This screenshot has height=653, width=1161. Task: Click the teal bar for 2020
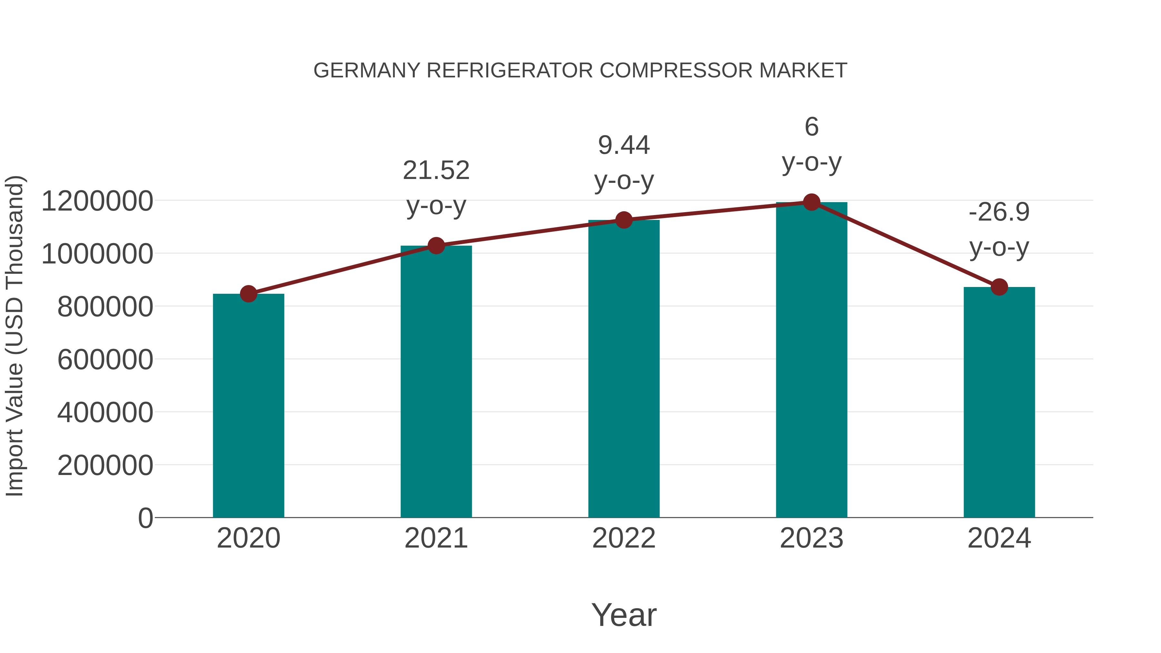248,406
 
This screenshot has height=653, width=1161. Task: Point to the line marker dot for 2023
811,202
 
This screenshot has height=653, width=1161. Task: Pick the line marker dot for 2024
999,287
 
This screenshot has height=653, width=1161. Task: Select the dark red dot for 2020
248,294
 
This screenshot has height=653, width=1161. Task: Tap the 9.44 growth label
624,145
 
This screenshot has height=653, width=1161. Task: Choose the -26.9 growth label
999,212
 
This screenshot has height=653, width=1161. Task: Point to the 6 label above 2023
811,127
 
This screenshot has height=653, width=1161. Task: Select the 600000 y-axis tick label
105,360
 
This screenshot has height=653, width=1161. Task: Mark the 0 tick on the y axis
145,518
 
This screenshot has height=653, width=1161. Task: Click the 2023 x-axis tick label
811,538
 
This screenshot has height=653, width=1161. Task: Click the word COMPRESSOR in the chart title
676,71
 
